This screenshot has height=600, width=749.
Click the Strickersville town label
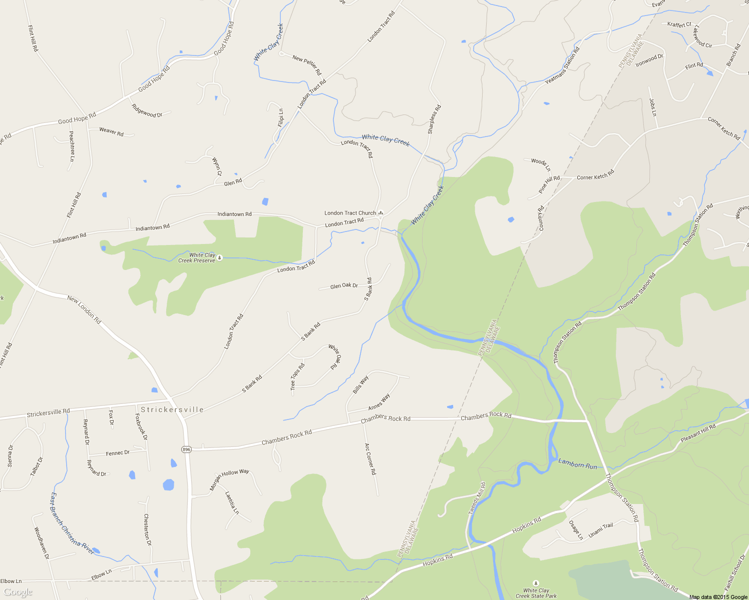[x=172, y=409]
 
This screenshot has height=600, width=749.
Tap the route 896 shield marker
[x=186, y=449]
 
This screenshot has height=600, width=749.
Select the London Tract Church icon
[x=381, y=213]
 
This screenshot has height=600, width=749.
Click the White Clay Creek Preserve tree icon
[x=219, y=257]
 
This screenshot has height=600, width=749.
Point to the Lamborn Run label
[x=578, y=464]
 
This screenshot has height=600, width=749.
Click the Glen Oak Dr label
[x=344, y=286]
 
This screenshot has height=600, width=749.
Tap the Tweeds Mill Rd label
[x=477, y=498]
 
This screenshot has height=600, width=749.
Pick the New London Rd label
[x=84, y=309]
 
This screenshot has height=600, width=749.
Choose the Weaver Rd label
[x=111, y=131]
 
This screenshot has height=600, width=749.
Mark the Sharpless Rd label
[x=434, y=119]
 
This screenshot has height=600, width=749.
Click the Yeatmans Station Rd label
[x=562, y=65]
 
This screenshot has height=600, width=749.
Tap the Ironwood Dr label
[x=649, y=60]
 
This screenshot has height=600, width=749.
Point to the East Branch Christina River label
[x=72, y=523]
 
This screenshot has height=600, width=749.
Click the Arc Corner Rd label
[x=369, y=458]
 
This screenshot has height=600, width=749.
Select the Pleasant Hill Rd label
[x=698, y=433]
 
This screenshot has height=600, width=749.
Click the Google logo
[x=18, y=592]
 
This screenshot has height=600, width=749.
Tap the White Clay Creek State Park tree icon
[x=536, y=583]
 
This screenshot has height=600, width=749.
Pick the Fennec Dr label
[x=118, y=453]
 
